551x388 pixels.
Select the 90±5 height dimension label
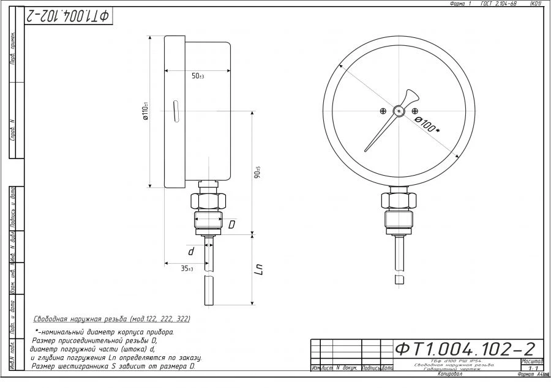click(x=258, y=173)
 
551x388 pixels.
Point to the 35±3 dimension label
click(x=187, y=269)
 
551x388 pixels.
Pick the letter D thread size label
click(x=231, y=225)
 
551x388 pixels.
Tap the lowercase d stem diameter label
click(x=191, y=252)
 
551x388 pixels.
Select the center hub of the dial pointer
click(x=399, y=111)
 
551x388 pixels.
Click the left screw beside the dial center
click(x=383, y=111)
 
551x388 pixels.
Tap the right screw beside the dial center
click(x=415, y=111)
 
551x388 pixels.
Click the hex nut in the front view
click(x=399, y=200)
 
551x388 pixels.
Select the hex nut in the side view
click(x=209, y=200)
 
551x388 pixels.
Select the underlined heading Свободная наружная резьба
click(x=111, y=319)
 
